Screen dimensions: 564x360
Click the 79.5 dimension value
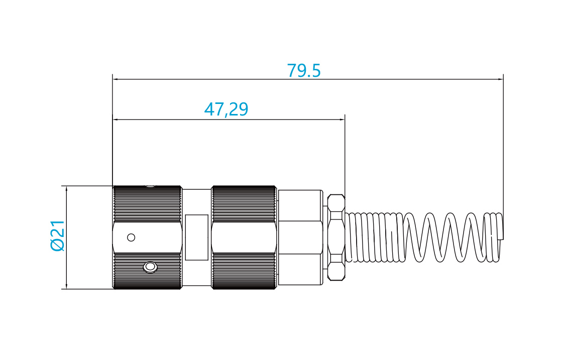303,70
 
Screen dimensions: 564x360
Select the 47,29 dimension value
226,109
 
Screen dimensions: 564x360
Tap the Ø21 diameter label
58,235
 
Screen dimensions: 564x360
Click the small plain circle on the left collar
131,237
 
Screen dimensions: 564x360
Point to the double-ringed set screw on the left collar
150,267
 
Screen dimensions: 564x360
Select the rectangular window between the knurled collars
197,237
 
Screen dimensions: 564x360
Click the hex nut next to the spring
336,237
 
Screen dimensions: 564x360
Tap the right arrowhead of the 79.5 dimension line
500,79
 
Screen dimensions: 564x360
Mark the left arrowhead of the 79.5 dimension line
116,79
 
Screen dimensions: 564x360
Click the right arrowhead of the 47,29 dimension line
342,119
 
